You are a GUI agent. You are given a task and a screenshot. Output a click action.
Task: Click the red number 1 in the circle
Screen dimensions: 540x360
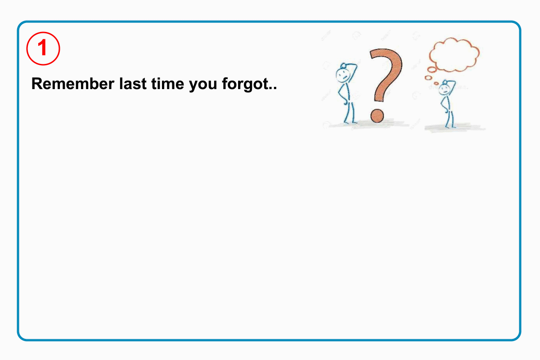click(43, 48)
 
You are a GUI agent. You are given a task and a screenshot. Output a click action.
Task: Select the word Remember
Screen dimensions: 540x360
click(73, 84)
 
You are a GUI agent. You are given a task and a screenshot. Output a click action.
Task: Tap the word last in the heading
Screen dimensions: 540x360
click(133, 84)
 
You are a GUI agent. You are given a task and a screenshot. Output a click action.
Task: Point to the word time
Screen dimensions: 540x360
click(168, 84)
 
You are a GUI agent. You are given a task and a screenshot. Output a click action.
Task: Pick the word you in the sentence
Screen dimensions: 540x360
click(203, 85)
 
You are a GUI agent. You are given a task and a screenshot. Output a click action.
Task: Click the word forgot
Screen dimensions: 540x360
click(245, 85)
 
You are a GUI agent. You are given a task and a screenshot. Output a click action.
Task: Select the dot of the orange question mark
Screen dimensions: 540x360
click(377, 116)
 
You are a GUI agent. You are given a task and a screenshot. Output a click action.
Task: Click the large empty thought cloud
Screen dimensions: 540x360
click(454, 55)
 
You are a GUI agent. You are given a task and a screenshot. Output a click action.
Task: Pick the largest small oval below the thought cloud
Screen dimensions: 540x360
click(432, 70)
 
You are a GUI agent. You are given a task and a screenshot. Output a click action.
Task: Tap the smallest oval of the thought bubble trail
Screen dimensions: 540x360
click(436, 83)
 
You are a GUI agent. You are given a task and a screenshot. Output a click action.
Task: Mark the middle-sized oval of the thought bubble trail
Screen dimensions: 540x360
click(428, 78)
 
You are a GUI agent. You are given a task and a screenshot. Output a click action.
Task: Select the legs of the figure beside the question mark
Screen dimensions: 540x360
click(350, 113)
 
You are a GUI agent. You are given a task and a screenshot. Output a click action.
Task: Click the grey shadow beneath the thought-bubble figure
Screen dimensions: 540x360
click(454, 127)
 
